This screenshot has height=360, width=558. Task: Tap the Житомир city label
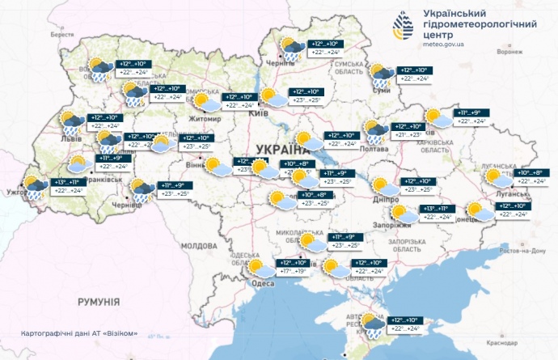[x=205, y=119]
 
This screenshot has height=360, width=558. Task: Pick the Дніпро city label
[x=387, y=197]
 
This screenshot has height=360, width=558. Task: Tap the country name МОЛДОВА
[x=200, y=244]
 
